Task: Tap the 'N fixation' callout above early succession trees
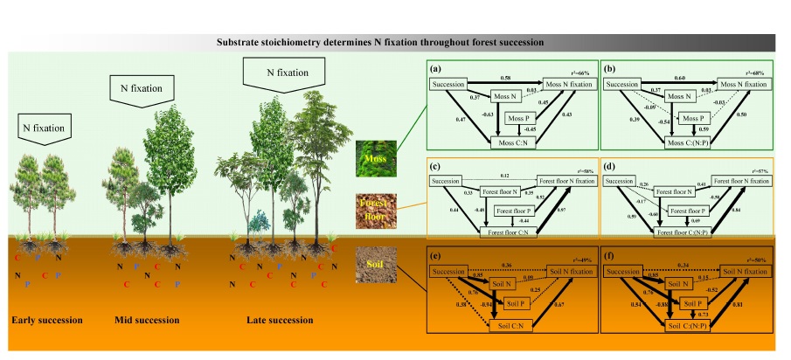44,128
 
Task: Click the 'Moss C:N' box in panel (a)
516,142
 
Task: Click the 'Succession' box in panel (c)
448,182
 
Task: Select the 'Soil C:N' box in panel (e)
516,326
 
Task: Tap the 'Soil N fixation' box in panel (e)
569,271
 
